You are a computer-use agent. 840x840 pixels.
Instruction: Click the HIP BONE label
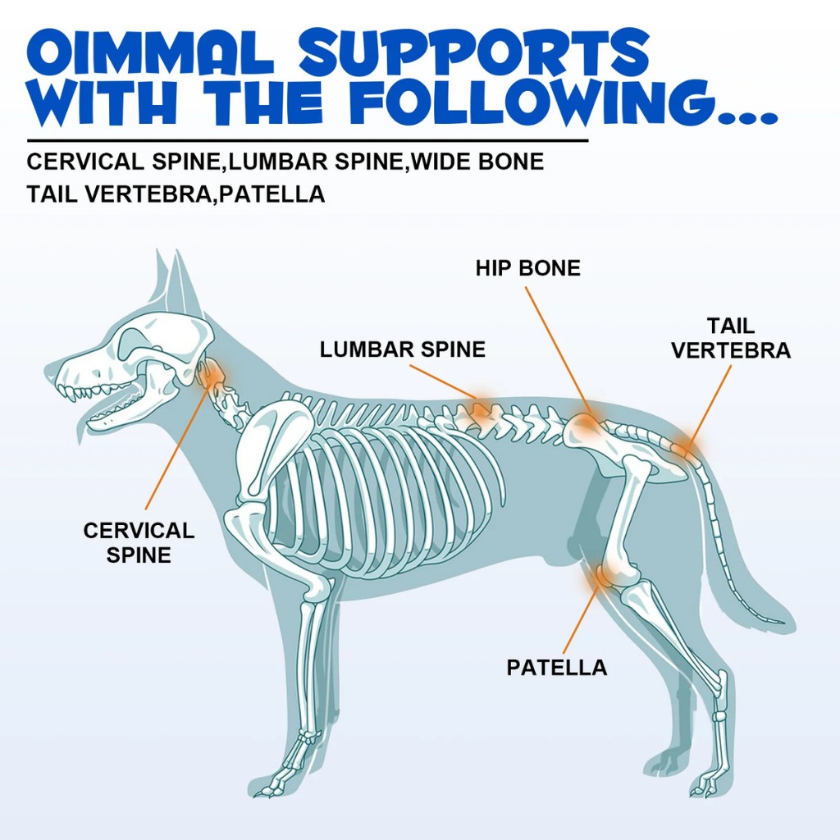527,268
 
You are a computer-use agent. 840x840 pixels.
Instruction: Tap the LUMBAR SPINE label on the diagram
403,349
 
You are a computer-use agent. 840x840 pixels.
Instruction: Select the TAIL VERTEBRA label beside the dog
731,338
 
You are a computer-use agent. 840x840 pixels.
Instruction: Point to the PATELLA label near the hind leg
557,668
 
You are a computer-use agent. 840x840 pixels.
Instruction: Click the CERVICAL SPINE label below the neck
139,542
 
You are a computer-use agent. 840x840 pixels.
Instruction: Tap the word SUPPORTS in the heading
474,53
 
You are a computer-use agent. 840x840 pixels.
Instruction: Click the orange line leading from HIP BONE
559,350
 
